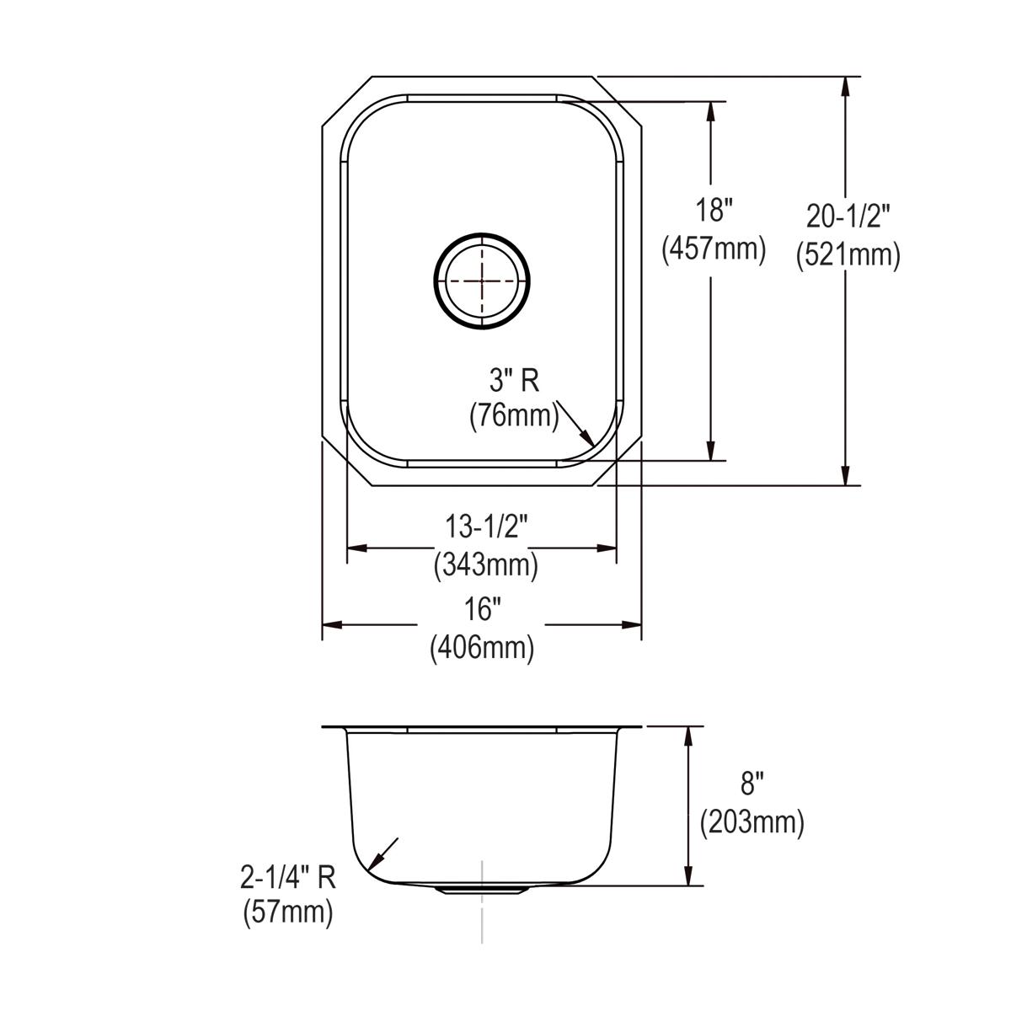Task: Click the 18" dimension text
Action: point(714,210)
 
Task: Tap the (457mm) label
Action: point(714,249)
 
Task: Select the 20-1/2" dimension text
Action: point(848,217)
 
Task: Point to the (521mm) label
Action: point(848,254)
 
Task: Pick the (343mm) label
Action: point(485,564)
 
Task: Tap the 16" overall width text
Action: point(483,608)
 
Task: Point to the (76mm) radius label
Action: point(514,416)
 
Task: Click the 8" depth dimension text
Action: point(752,784)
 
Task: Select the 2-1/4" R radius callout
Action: point(288,880)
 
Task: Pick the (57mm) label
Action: point(288,912)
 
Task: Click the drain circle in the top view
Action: point(482,279)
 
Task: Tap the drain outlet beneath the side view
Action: point(482,890)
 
